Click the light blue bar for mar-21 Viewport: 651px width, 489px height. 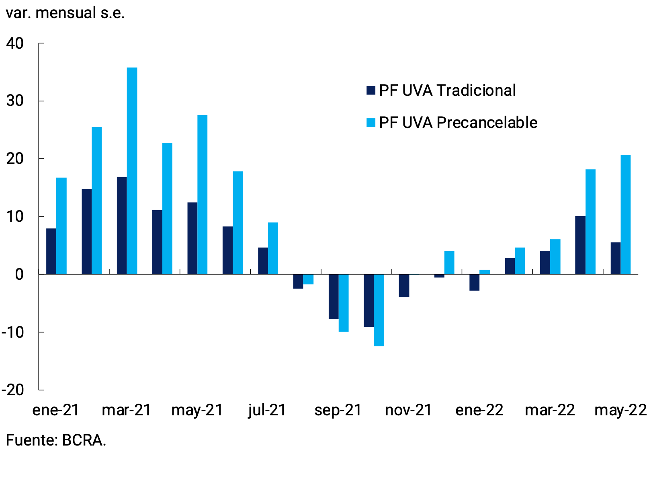pyautogui.click(x=132, y=171)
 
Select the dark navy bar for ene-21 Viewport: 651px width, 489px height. pyautogui.click(x=51, y=252)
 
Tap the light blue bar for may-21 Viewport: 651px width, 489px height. pyautogui.click(x=203, y=195)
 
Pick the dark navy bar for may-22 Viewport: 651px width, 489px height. pyautogui.click(x=615, y=258)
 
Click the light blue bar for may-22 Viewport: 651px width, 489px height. pyautogui.click(x=625, y=215)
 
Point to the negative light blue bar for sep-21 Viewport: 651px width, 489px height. pyautogui.click(x=344, y=303)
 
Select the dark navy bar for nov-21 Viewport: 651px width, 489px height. pyautogui.click(x=404, y=285)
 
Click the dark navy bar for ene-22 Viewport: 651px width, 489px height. pyautogui.click(x=474, y=282)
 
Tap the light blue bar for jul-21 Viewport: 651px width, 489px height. pyautogui.click(x=273, y=248)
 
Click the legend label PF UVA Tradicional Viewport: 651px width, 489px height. pyautogui.click(x=447, y=91)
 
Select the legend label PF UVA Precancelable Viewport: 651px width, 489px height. pyautogui.click(x=458, y=123)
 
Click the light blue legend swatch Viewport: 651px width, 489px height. pyautogui.click(x=371, y=122)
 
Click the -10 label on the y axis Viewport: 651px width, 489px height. pyautogui.click(x=13, y=332)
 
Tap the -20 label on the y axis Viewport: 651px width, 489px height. pyautogui.click(x=13, y=390)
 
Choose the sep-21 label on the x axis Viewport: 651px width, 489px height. pyautogui.click(x=338, y=411)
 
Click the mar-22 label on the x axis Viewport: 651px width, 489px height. pyautogui.click(x=550, y=411)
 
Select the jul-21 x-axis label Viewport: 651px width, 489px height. pyautogui.click(x=267, y=411)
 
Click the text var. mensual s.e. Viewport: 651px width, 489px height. pyautogui.click(x=65, y=13)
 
